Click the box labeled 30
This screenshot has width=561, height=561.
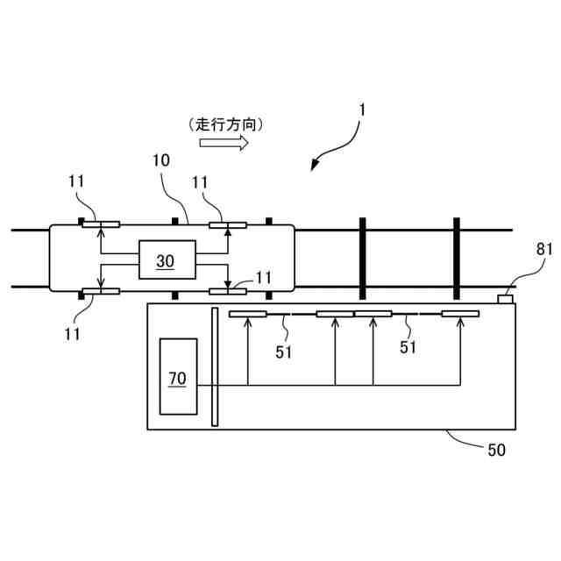[x=165, y=260]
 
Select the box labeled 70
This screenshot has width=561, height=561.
[x=178, y=377]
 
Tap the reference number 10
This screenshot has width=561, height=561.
[x=161, y=160]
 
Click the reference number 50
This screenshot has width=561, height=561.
[x=496, y=451]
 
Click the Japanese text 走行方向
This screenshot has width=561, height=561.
[x=225, y=124]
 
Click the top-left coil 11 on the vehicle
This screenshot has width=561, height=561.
[x=101, y=224]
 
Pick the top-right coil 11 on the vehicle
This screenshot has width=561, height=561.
[x=228, y=224]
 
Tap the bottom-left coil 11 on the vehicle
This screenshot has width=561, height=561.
[x=101, y=291]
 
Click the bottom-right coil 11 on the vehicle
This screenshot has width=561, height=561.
[x=228, y=291]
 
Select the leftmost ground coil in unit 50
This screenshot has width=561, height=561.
[x=247, y=313]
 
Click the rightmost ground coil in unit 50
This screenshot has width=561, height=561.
[x=460, y=313]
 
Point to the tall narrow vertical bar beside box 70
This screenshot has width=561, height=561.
[x=214, y=366]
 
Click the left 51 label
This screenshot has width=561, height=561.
[x=284, y=352]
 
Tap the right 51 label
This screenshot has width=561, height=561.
[x=408, y=348]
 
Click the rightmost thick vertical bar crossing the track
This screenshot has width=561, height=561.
[x=456, y=259]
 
